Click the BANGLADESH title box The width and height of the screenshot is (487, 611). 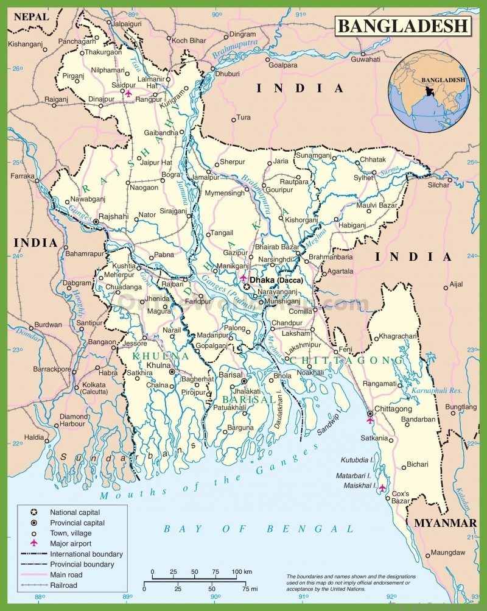403,26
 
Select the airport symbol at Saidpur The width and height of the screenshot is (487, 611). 128,94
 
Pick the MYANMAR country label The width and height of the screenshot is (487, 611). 445,523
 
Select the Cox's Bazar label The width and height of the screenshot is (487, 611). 400,496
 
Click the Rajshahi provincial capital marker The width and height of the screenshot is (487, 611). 96,222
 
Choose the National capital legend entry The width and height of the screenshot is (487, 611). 75,512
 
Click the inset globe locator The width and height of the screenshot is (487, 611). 429,92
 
